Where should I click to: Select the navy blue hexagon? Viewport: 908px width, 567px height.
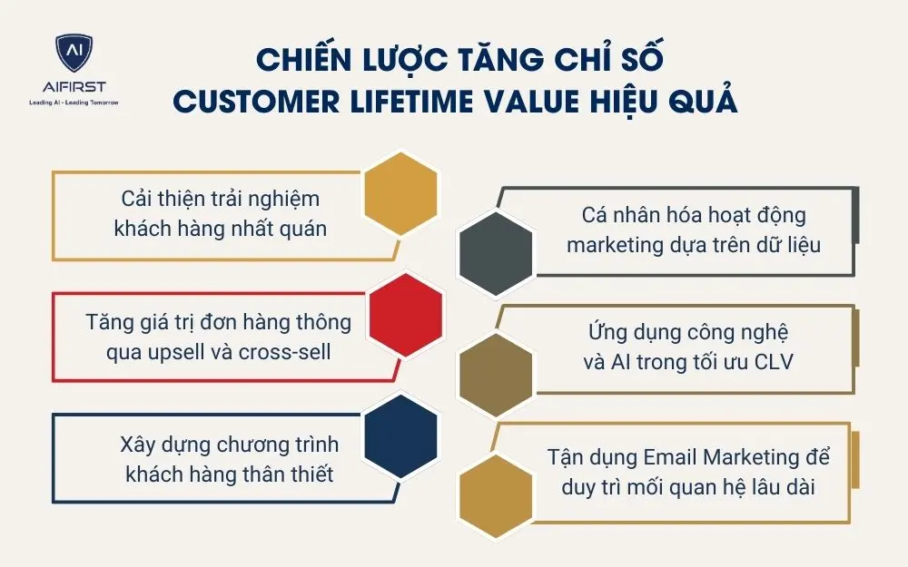pos(400,434)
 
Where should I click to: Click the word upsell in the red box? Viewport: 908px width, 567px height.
pos(178,350)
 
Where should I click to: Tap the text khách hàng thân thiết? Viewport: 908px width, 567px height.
pos(230,474)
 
